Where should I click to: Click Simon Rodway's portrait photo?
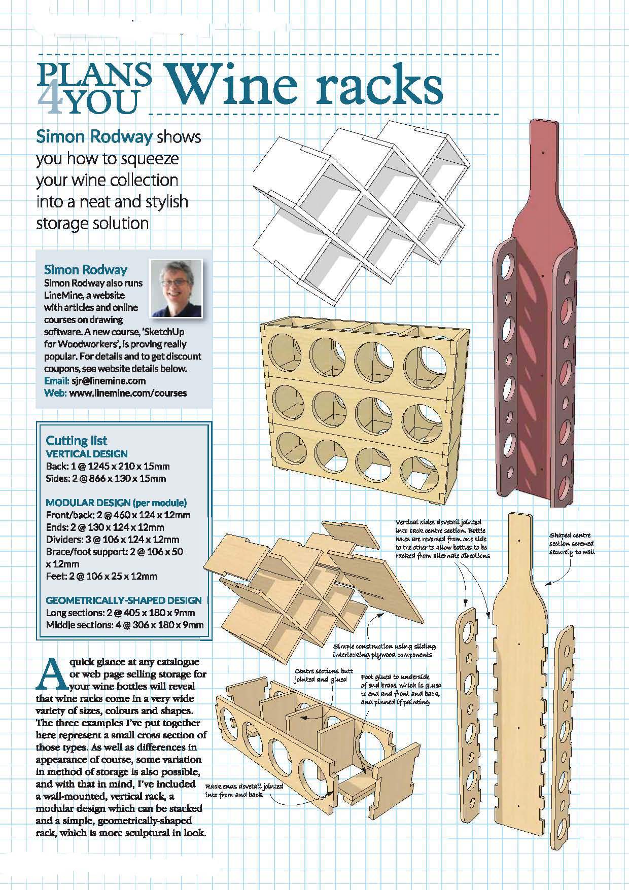pyautogui.click(x=177, y=288)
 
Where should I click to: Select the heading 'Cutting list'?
pyautogui.click(x=76, y=440)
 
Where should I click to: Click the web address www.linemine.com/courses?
pyautogui.click(x=127, y=393)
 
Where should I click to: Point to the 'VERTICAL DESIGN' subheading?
pyautogui.click(x=86, y=454)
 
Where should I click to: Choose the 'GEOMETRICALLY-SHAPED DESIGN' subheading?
pyautogui.click(x=123, y=600)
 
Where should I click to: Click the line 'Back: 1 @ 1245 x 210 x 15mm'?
pyautogui.click(x=108, y=466)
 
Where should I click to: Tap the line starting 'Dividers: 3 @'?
pyautogui.click(x=112, y=540)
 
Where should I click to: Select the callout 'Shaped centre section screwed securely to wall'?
pyautogui.click(x=572, y=544)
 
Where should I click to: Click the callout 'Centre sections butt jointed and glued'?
pyautogui.click(x=323, y=675)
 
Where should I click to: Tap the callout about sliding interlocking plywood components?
pyautogui.click(x=384, y=650)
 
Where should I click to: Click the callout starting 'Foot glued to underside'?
pyautogui.click(x=400, y=689)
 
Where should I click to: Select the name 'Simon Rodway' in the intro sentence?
pyautogui.click(x=94, y=137)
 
